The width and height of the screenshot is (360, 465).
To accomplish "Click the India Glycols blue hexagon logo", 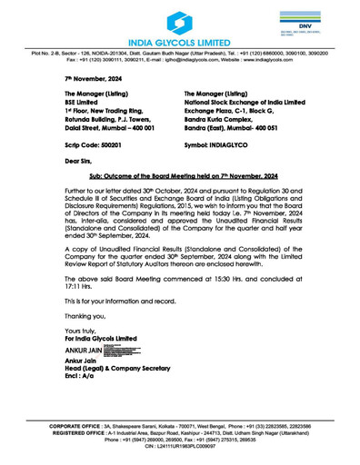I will pos(179,19).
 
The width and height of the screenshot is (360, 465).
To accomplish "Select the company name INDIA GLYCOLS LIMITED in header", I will pos(179,43).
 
